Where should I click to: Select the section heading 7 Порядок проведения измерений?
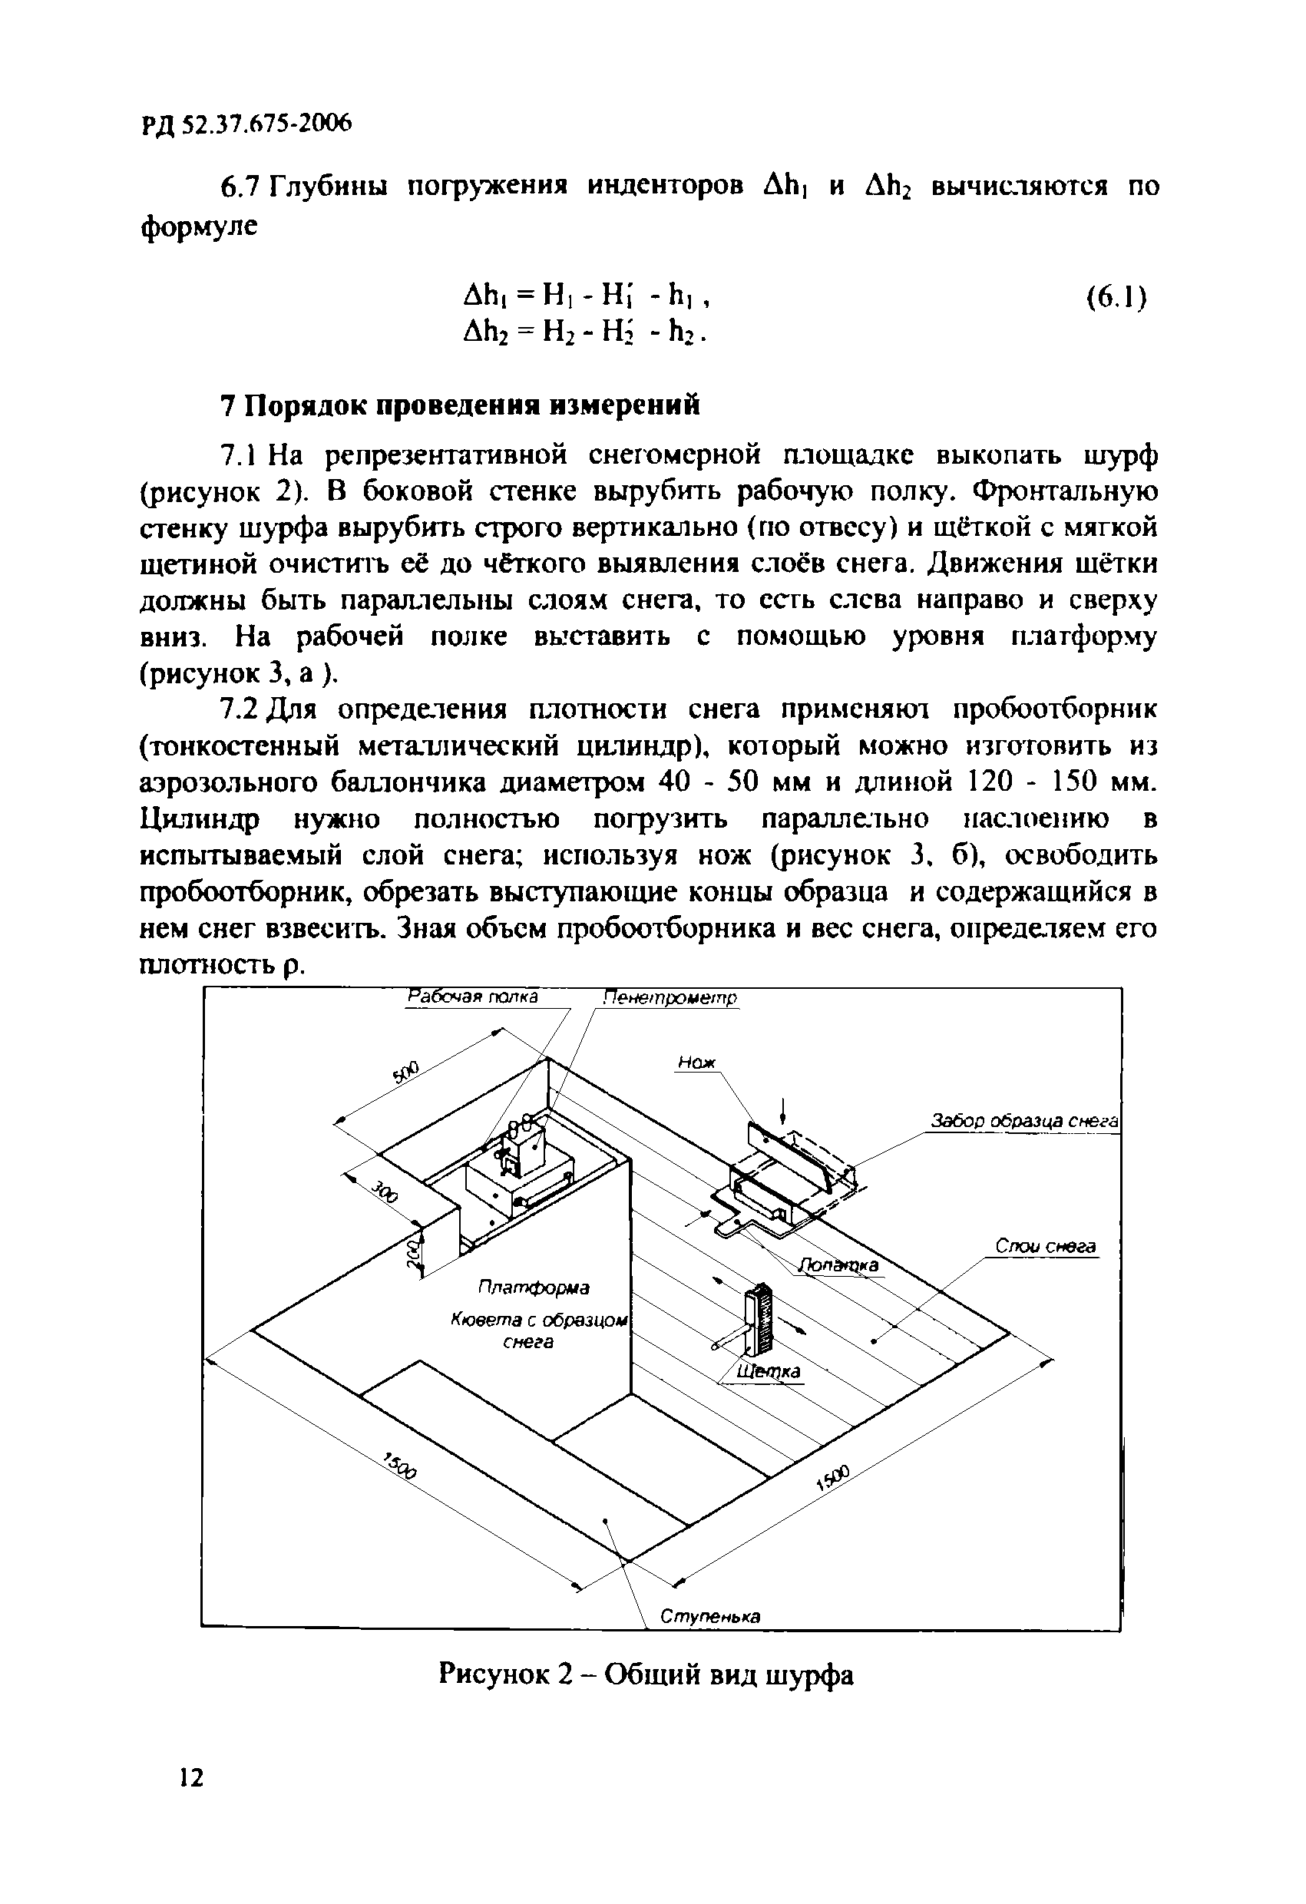click(x=461, y=405)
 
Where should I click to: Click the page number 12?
click(x=190, y=1777)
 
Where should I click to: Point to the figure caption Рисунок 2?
click(x=646, y=1673)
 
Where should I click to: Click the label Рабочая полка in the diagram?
click(x=473, y=997)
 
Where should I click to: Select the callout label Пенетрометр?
click(x=671, y=998)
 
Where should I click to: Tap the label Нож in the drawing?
click(x=696, y=1063)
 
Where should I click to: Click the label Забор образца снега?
click(x=1024, y=1121)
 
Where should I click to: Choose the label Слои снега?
click(x=1046, y=1246)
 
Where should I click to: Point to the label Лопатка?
click(x=839, y=1266)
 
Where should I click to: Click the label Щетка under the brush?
click(x=769, y=1371)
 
